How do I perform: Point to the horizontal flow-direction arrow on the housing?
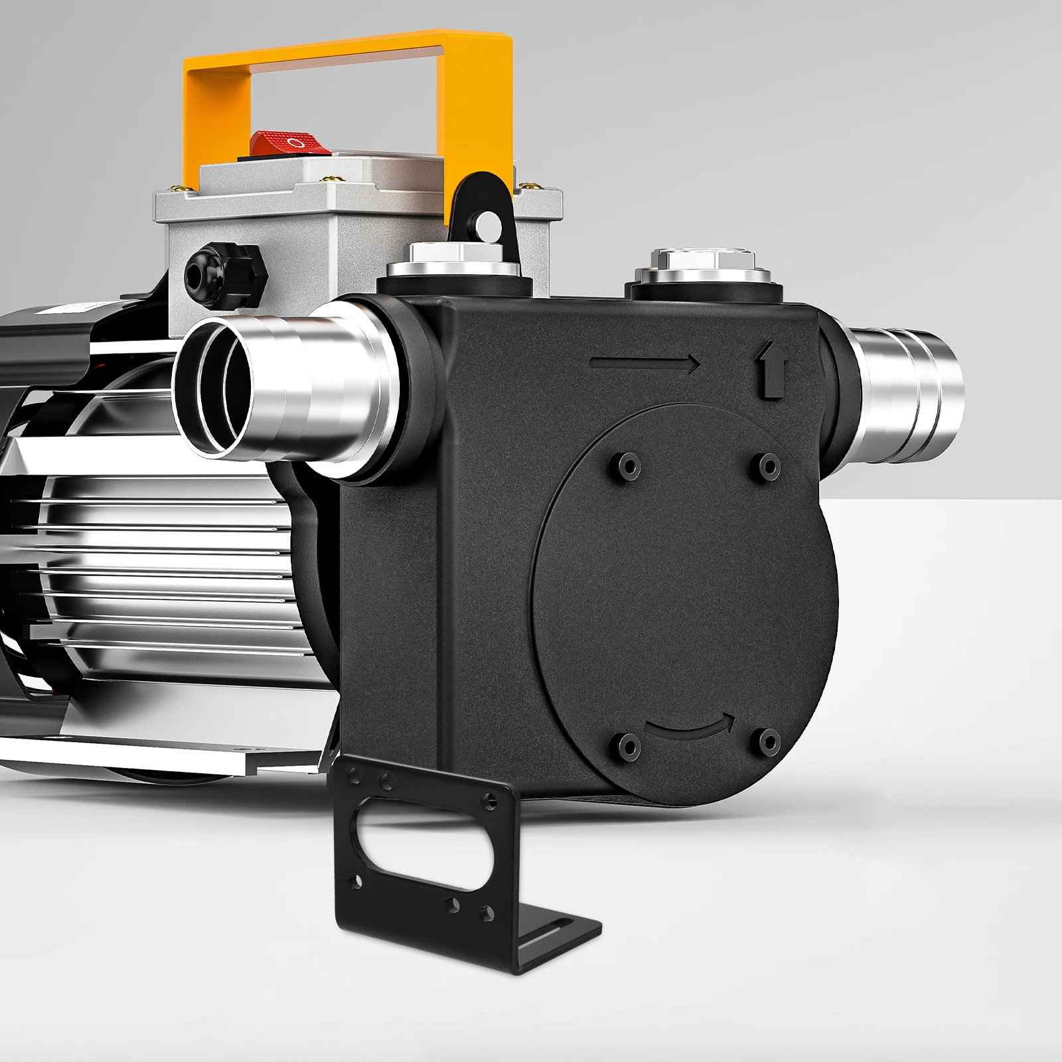pos(644,363)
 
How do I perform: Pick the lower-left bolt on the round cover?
pos(625,742)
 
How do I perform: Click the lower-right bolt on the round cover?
pos(769,740)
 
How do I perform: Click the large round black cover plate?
pos(684,597)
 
